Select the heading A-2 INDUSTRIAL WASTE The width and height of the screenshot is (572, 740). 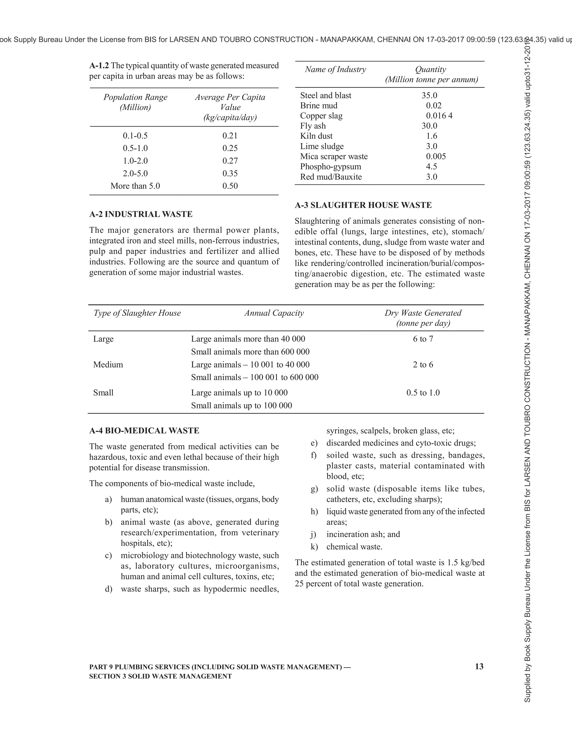[141, 214]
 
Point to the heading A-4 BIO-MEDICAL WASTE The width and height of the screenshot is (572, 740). [144, 431]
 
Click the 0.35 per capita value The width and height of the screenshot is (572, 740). [230, 173]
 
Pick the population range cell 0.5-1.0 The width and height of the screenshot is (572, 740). [135, 148]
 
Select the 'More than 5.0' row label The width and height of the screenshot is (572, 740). [135, 186]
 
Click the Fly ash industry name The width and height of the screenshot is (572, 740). [313, 126]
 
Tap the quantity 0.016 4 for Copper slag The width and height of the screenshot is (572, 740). [439, 116]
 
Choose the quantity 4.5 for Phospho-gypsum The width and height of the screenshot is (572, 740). [431, 167]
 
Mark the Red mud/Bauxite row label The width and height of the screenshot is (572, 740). [331, 177]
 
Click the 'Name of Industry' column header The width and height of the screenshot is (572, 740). [335, 70]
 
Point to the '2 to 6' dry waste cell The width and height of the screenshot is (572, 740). [423, 365]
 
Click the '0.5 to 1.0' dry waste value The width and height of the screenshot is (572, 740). [423, 393]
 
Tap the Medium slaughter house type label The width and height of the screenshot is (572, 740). [108, 365]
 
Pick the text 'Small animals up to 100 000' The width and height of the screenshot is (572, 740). [241, 405]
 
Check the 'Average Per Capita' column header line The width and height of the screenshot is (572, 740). [230, 97]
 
